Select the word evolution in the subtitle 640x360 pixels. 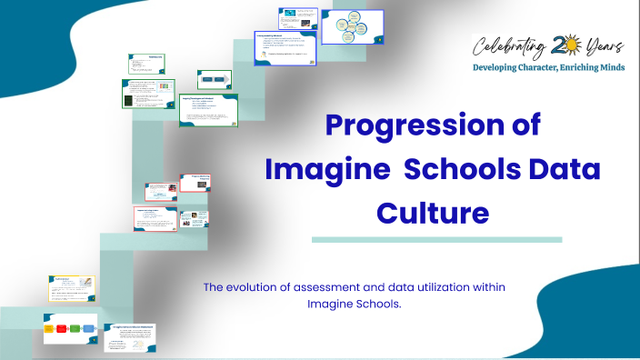258,287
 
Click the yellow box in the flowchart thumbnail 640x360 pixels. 49,328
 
